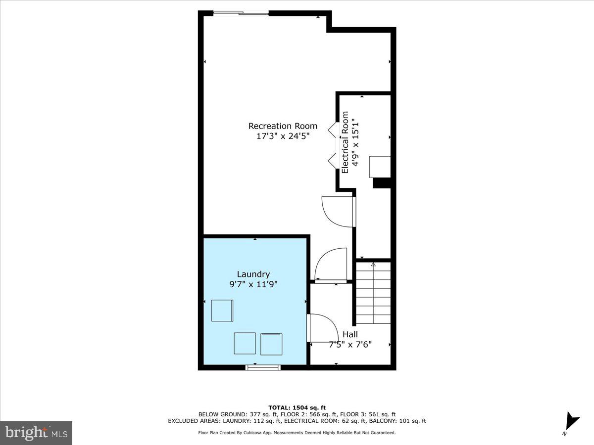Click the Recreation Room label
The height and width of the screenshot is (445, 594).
(x=283, y=126)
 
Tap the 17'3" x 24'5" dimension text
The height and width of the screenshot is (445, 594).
(x=283, y=136)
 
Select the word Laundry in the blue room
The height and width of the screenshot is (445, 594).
(x=253, y=274)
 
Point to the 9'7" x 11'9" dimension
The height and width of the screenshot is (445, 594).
(x=253, y=284)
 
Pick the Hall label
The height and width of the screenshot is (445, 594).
(x=350, y=334)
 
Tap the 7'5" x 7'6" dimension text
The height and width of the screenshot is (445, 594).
(x=350, y=344)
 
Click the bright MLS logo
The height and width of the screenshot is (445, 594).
(x=36, y=433)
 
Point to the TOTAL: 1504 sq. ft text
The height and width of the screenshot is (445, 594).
(x=297, y=407)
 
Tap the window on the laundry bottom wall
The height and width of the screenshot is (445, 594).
(x=263, y=367)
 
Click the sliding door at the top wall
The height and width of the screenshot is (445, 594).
(x=241, y=13)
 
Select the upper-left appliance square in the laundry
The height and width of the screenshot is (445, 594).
(x=222, y=311)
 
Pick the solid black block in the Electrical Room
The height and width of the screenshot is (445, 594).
(x=382, y=183)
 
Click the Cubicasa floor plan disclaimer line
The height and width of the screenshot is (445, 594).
(x=297, y=433)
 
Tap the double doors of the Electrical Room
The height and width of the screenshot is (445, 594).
(x=334, y=144)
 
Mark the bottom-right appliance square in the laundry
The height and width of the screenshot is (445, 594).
(x=271, y=344)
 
